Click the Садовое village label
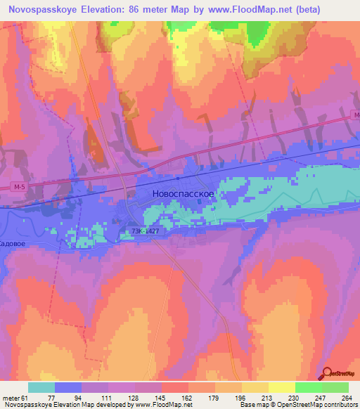(x=12, y=243)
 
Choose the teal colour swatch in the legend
(x=41, y=387)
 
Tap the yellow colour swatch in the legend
(x=282, y=387)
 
